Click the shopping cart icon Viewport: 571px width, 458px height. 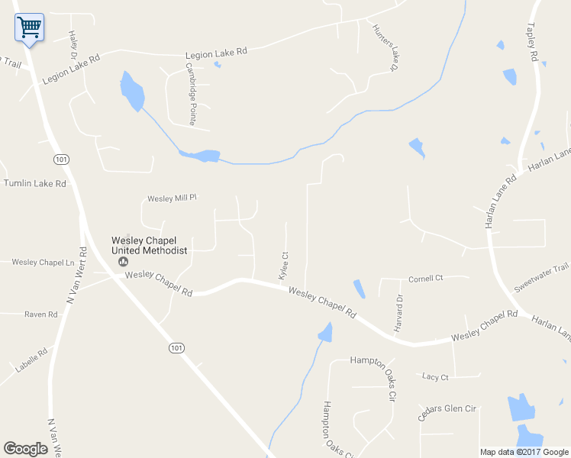29,27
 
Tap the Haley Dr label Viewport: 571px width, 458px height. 73,44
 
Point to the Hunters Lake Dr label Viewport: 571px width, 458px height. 386,47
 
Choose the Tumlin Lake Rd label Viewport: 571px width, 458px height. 34,183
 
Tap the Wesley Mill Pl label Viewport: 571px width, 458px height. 172,198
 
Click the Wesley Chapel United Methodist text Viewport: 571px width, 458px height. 149,244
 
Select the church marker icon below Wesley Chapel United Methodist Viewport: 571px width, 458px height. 122,261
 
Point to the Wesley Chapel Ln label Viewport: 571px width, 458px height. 42,263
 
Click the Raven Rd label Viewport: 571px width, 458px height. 41,314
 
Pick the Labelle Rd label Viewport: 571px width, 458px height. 31,360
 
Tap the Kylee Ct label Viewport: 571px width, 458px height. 283,266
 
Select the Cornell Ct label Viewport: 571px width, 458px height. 425,279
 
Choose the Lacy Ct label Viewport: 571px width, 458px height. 435,376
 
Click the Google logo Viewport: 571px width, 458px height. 25,449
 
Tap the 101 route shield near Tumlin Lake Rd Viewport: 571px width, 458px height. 61,159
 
